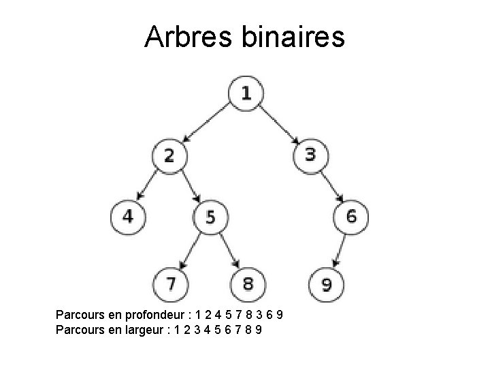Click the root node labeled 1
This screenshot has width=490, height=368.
245,93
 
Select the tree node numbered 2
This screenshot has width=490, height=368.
169,155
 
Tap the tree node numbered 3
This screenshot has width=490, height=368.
310,155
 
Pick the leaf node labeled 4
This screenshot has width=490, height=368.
127,217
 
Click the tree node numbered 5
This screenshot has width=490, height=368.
210,217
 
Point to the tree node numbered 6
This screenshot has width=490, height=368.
351,217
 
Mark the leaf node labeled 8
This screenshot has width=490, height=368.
248,281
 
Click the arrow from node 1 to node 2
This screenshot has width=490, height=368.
208,123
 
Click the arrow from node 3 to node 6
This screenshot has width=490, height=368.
331,185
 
